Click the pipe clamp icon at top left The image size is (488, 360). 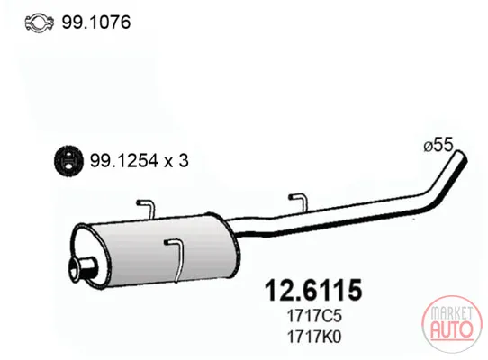click(40, 22)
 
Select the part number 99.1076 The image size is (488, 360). click(96, 22)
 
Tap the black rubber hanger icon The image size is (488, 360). click(68, 161)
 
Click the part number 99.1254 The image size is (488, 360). click(123, 161)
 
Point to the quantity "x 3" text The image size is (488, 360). click(176, 161)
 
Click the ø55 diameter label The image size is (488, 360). click(438, 145)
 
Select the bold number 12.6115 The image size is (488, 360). click(313, 290)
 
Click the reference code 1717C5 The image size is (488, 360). click(314, 316)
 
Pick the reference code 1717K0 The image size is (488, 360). click(314, 337)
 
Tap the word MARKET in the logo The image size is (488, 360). click(452, 313)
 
